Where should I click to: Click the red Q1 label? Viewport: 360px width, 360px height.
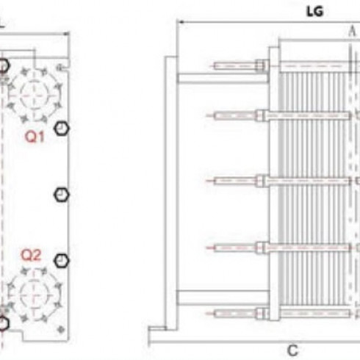[35, 137]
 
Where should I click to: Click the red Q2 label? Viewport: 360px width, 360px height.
[31, 255]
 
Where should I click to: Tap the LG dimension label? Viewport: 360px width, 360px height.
[315, 12]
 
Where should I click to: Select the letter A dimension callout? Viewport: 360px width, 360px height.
[352, 32]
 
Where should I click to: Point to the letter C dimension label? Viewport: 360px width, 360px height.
[292, 350]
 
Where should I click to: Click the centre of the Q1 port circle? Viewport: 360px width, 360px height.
[34, 95]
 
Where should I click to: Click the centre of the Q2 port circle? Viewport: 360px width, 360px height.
[34, 295]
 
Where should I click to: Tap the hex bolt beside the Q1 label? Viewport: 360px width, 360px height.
[62, 129]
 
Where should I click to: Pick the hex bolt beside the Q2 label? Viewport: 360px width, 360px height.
[62, 261]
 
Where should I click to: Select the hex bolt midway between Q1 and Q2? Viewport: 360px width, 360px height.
[62, 195]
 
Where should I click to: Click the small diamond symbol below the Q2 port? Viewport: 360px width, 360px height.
[61, 330]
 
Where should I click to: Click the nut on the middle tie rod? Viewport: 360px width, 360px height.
[261, 181]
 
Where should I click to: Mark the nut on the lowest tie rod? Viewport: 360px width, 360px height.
[261, 314]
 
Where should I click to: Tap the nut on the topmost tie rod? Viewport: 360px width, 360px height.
[260, 65]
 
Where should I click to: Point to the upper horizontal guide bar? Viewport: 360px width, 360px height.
[223, 78]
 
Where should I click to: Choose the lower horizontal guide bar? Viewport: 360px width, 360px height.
[223, 298]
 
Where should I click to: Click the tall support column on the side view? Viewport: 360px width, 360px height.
[170, 193]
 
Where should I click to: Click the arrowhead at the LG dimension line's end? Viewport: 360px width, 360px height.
[181, 22]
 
